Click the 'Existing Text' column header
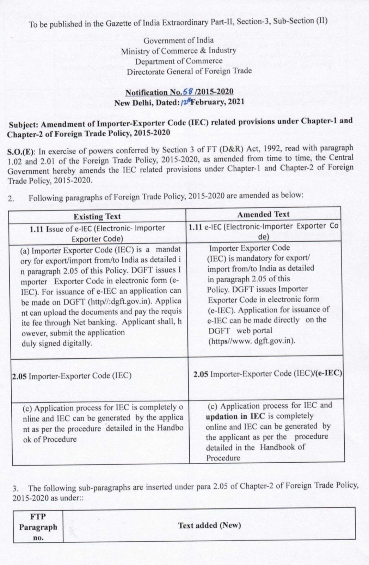click(97, 216)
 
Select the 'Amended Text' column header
click(263, 214)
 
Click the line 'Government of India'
click(178, 40)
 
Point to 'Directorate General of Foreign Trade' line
click(189, 71)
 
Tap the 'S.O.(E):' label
click(21, 152)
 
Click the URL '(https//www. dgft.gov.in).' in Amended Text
click(252, 341)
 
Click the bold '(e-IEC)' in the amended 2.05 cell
click(328, 373)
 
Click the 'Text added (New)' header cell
click(209, 525)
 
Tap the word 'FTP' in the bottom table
click(38, 516)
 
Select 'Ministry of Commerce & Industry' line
click(178, 51)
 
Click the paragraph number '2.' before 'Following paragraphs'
click(11, 198)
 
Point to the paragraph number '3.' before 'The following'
click(16, 489)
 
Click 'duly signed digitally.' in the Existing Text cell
click(57, 343)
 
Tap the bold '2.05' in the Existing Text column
click(20, 376)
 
